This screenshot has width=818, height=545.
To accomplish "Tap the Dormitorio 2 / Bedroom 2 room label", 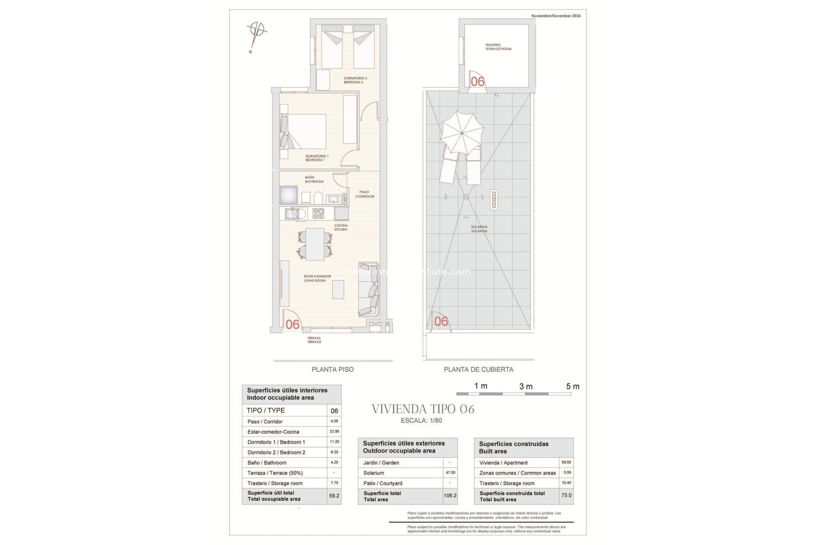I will tap(355, 80).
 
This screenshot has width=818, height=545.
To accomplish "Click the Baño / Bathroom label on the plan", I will tap(314, 179).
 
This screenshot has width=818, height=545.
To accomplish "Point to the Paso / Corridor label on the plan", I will tap(365, 194).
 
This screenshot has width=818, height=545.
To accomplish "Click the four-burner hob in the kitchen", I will tap(318, 213).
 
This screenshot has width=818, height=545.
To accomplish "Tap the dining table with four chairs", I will tap(315, 244).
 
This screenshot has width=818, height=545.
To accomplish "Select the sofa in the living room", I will tap(369, 290).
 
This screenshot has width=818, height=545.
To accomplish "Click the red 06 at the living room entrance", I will tap(293, 324).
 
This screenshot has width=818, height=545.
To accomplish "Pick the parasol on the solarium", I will tap(462, 133).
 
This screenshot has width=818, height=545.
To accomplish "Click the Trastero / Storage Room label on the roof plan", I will tap(498, 47).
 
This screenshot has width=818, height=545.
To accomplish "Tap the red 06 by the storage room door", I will tap(478, 81).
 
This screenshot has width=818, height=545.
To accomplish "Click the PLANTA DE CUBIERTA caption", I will tap(478, 370).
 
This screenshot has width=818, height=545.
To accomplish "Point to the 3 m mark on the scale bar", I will tap(526, 387).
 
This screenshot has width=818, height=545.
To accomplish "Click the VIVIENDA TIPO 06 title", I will tap(423, 409).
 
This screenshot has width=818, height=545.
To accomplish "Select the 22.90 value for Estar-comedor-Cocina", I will tap(334, 431).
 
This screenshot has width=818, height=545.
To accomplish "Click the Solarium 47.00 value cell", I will tap(450, 473).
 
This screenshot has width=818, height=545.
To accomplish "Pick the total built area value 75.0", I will tap(566, 496).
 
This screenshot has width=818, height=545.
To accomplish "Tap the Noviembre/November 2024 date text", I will tap(556, 16).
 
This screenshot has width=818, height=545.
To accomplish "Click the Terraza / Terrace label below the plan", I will tap(314, 340).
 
